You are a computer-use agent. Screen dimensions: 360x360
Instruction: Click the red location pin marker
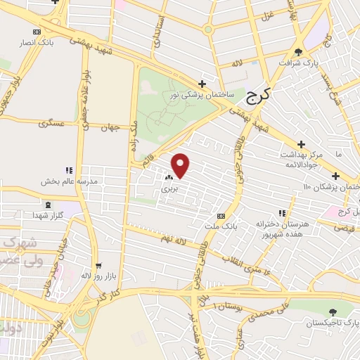tap(181, 165)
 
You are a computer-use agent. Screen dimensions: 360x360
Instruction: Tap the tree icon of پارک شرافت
tap(299, 51)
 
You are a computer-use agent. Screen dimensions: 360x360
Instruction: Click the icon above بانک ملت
tap(221, 216)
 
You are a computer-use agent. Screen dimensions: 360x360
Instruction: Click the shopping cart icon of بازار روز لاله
tap(98, 266)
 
